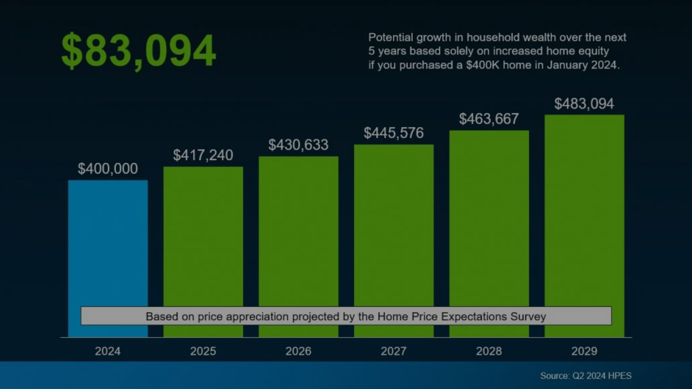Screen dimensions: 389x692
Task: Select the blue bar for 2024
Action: tap(108, 243)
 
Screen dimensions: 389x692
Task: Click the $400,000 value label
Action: tap(108, 169)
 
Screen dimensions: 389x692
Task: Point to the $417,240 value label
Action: tap(203, 155)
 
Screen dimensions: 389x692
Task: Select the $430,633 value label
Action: tap(298, 145)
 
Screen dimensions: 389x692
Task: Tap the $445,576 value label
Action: tap(394, 133)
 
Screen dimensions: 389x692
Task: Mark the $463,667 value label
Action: tap(489, 119)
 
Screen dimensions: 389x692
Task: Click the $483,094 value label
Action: tap(584, 104)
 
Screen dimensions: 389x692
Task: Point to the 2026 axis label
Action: tap(298, 351)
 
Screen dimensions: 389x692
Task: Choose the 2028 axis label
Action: tap(489, 351)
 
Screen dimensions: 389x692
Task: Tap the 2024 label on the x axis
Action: tap(108, 351)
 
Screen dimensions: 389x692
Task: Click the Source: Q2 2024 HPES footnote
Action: tap(586, 375)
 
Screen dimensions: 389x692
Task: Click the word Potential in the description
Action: tap(391, 37)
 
